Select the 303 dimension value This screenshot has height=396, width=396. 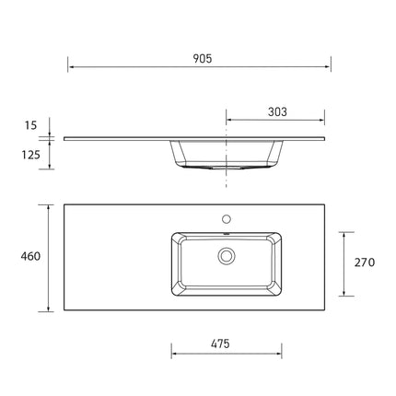click(277, 111)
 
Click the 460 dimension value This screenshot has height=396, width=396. click(29, 256)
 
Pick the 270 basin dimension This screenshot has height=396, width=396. click(364, 262)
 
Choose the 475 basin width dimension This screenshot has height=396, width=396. click(218, 344)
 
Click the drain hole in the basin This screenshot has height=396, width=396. click(226, 255)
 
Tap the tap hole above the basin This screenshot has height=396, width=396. click(226, 220)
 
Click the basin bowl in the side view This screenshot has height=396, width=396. click(226, 154)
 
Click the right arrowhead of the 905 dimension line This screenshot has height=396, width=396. click(329, 67)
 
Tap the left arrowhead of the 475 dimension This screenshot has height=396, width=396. click(173, 354)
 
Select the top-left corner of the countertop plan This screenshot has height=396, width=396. click(64, 205)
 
